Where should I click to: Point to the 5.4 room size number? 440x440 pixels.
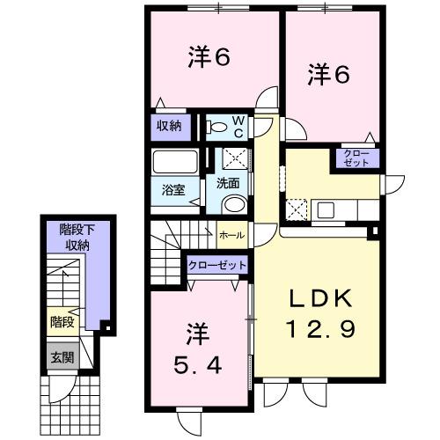coord(195,362)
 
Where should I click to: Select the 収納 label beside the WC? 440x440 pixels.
coord(169,126)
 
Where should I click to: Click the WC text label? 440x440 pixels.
coord(239,126)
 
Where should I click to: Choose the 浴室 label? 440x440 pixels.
coord(172,188)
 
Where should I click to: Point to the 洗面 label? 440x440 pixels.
coord(228,186)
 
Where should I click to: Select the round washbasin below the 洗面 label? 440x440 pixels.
coord(233,204)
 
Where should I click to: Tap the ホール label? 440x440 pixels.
coord(231,235)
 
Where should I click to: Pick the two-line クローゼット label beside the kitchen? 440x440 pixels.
coord(356,159)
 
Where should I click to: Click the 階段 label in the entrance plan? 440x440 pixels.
coord(60,321)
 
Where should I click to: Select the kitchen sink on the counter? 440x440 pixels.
coord(326,209)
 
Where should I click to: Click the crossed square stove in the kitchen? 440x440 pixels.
coord(297,209)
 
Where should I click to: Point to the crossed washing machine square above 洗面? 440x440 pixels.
coord(234,159)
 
